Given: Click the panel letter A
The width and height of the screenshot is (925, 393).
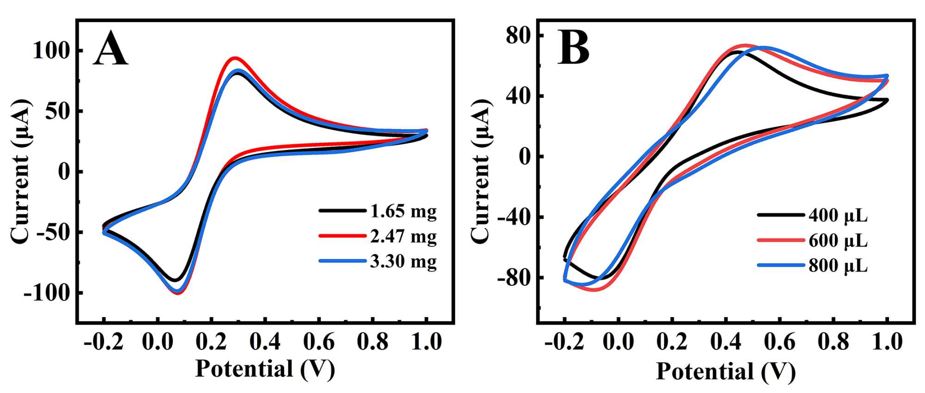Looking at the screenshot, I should (x=111, y=49).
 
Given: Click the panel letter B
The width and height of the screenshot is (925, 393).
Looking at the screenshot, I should (x=573, y=48).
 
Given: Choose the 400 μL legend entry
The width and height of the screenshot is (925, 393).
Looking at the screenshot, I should (x=838, y=215).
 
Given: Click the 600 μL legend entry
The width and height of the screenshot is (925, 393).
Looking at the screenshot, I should (x=838, y=240).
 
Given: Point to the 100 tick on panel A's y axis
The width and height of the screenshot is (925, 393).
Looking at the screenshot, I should (x=51, y=50).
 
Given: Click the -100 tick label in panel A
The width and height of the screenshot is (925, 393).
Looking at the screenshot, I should (x=46, y=293).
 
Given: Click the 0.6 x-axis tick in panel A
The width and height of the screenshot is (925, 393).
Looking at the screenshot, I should (x=319, y=342).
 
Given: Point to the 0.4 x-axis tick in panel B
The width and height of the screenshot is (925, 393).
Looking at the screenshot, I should (x=726, y=342).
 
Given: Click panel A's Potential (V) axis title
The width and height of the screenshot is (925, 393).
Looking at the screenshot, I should (x=265, y=369).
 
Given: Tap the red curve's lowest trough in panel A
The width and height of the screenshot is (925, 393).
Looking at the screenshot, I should (x=178, y=293).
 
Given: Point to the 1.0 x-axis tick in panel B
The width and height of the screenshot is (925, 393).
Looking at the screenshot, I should (x=887, y=342).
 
